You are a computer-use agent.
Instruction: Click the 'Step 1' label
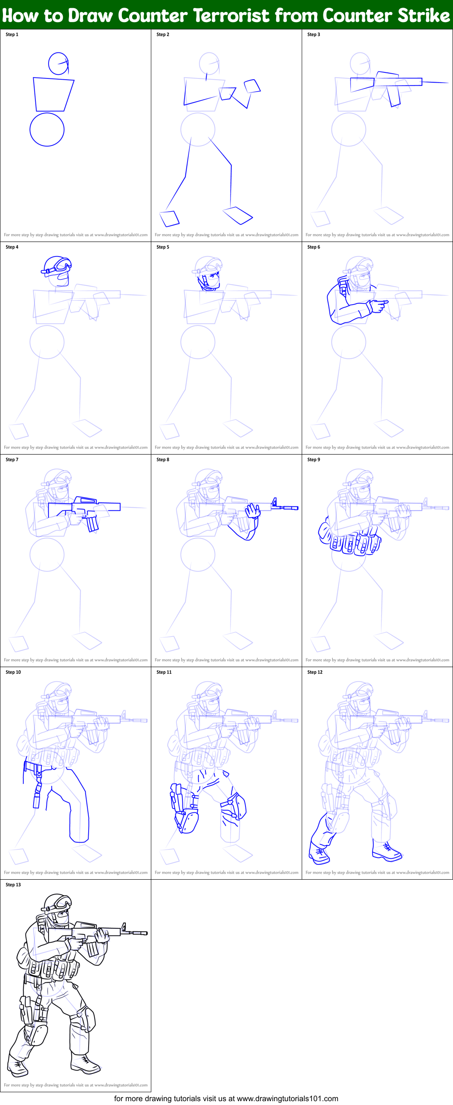[x=12, y=35]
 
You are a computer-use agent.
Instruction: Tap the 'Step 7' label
[x=12, y=459]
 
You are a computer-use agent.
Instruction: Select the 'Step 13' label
[x=13, y=884]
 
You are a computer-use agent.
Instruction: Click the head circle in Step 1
[x=58, y=63]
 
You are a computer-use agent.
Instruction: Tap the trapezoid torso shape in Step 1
[x=53, y=95]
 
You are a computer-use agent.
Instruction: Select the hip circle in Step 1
[x=47, y=129]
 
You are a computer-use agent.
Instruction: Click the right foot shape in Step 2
[x=237, y=215]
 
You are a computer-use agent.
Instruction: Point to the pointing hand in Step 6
[x=378, y=305]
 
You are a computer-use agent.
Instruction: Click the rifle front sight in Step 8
[x=274, y=502]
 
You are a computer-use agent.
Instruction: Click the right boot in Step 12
[x=386, y=852]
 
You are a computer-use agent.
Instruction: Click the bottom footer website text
[x=226, y=1098]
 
